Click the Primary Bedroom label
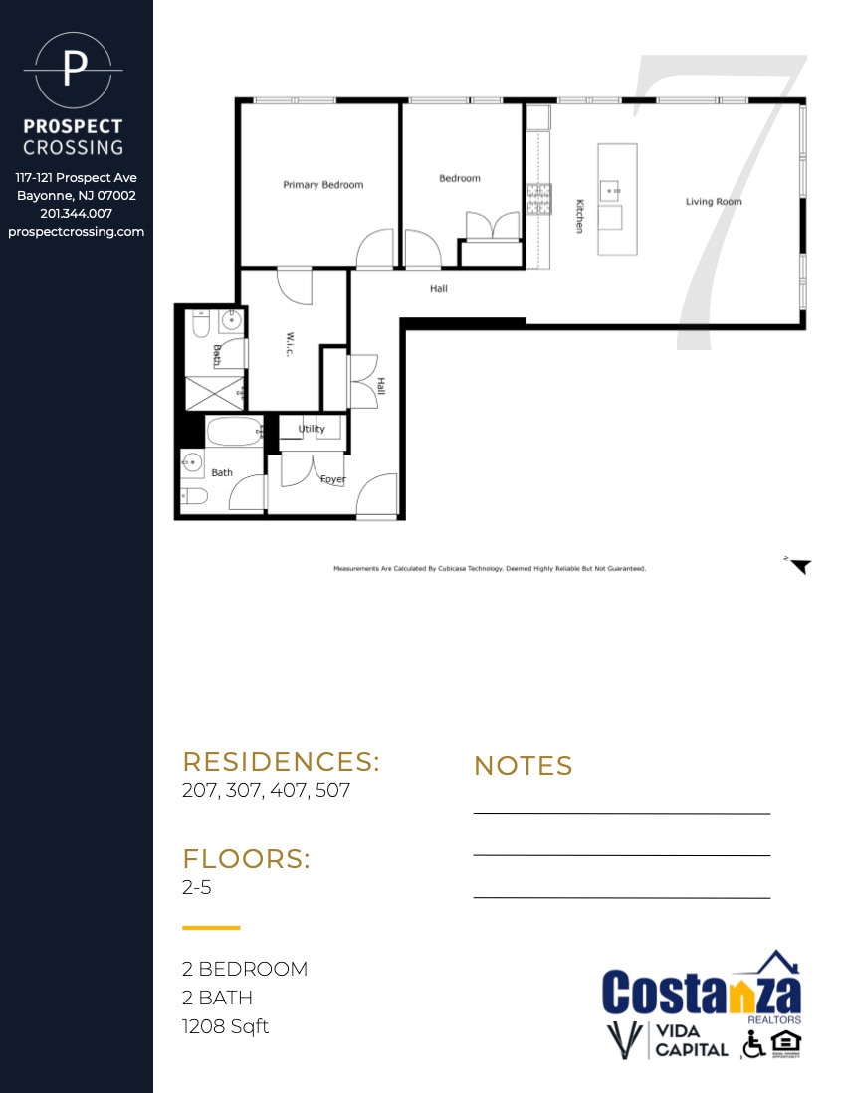[x=322, y=185]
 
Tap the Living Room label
[x=714, y=202]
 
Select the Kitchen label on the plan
[x=579, y=216]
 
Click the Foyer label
[x=332, y=479]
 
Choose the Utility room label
[x=312, y=429]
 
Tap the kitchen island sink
[x=610, y=187]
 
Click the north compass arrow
[x=799, y=566]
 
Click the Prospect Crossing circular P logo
[x=74, y=71]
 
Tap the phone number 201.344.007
[x=76, y=214]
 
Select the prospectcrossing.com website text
[x=76, y=232]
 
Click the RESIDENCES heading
[x=281, y=762]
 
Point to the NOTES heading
[x=523, y=766]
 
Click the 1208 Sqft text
[x=225, y=1026]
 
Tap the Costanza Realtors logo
[x=702, y=989]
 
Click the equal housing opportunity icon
[x=785, y=1043]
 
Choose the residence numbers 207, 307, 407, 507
[x=266, y=792]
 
